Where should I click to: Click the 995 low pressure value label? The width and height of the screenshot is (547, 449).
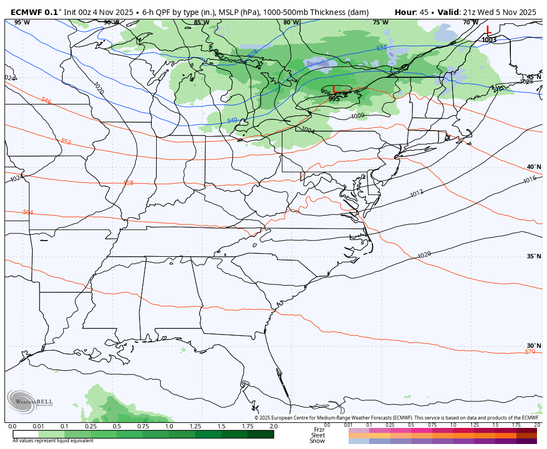[334, 98]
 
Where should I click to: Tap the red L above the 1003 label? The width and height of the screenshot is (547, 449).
[488, 30]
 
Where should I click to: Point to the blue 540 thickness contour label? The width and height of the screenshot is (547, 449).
[232, 120]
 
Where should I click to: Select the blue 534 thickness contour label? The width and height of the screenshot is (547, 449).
[381, 48]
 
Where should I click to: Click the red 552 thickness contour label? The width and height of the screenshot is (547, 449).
[66, 142]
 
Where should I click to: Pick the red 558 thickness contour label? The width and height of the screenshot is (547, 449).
[128, 183]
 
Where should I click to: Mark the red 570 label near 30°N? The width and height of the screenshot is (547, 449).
[530, 352]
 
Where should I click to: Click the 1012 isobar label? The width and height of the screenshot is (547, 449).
[417, 193]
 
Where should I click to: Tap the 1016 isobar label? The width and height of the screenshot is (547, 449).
[530, 179]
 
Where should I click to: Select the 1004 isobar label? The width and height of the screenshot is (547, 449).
[307, 130]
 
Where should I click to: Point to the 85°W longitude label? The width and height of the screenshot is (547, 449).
[201, 23]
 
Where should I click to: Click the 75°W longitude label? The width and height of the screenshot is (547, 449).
[380, 23]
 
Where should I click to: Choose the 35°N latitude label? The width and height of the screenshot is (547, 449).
[534, 256]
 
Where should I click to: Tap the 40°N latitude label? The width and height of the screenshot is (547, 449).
[534, 167]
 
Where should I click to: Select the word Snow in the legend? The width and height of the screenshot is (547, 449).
[317, 441]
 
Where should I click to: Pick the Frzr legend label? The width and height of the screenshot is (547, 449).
[319, 430]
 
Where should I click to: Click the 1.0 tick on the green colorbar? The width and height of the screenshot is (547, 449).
[169, 426]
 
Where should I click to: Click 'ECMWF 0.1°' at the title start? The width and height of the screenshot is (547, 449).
[36, 12]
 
